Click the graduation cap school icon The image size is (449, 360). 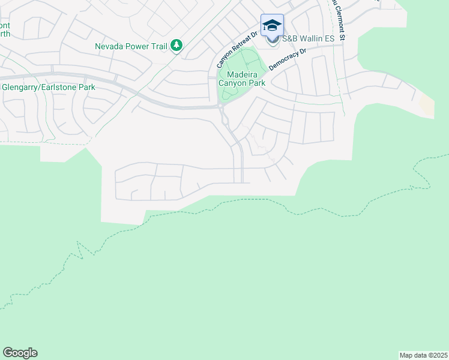tap(272, 25)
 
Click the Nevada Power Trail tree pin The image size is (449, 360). tap(176, 46)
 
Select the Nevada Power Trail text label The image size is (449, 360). tap(131, 46)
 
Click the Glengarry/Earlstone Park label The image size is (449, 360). tap(49, 87)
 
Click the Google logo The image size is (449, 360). tap(20, 353)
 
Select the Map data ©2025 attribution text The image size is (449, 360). tap(424, 355)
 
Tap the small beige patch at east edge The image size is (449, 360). tap(426, 106)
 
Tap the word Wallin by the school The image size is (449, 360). tap(313, 39)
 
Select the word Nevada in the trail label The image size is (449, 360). tap(109, 46)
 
